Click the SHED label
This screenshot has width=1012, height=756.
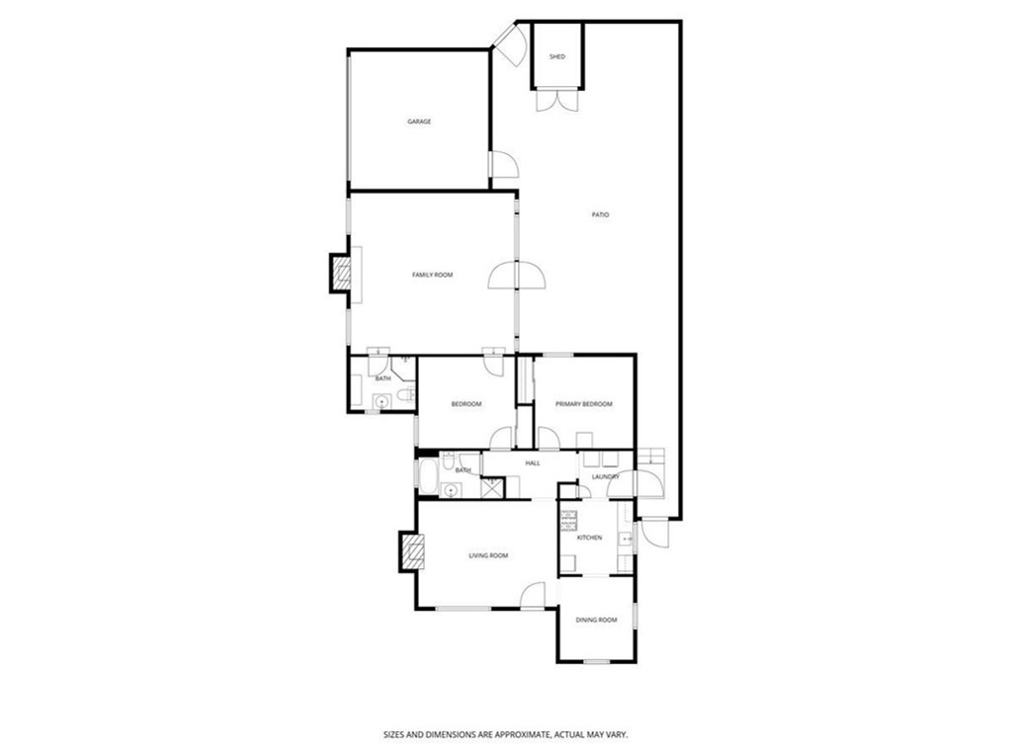pyautogui.click(x=557, y=56)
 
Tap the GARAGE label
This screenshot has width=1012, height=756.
pyautogui.click(x=419, y=122)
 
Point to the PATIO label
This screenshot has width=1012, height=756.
pyautogui.click(x=600, y=214)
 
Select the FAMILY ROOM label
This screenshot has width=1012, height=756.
pyautogui.click(x=433, y=275)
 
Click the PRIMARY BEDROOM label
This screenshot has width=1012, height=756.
pyautogui.click(x=584, y=404)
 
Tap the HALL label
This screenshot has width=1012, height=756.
pyautogui.click(x=533, y=462)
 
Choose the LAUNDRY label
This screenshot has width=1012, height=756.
pyautogui.click(x=606, y=476)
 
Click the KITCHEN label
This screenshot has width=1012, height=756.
pyautogui.click(x=589, y=538)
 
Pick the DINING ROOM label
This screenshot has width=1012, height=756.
pyautogui.click(x=596, y=620)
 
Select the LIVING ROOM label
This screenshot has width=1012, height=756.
pyautogui.click(x=488, y=555)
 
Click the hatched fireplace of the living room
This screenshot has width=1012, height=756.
pyautogui.click(x=412, y=550)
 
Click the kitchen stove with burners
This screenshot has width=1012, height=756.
pyautogui.click(x=568, y=520)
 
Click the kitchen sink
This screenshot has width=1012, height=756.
pyautogui.click(x=625, y=538)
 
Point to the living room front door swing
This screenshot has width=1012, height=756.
pyautogui.click(x=533, y=595)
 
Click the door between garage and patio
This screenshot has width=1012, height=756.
pyautogui.click(x=504, y=164)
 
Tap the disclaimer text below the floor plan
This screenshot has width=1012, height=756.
pyautogui.click(x=506, y=734)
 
